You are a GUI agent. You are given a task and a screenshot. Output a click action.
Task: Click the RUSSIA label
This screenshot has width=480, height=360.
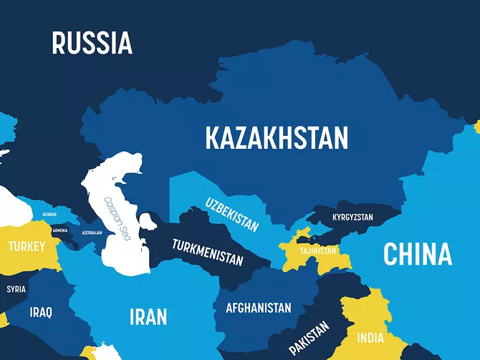coord(92,43)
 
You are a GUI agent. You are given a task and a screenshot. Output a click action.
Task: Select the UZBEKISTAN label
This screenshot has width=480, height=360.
coord(231,213)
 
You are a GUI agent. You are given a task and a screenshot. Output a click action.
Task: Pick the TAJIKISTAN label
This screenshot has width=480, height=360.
coord(318,250)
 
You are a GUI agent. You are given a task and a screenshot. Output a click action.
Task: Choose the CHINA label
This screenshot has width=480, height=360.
coord(417,254)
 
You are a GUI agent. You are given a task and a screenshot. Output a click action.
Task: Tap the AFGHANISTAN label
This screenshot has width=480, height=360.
coord(258,308)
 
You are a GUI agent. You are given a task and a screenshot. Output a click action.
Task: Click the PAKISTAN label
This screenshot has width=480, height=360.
coord(309,338)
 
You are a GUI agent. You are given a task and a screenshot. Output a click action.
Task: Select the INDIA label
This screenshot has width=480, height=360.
coord(370,338)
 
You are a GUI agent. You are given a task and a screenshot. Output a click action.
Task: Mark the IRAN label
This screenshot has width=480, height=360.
coord(148,316)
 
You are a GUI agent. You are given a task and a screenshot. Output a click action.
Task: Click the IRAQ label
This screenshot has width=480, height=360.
coord(41,313)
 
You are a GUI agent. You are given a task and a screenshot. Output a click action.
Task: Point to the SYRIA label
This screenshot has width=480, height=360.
coord(16,290)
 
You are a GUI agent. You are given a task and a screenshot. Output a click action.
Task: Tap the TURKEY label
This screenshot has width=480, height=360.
coord(27,247)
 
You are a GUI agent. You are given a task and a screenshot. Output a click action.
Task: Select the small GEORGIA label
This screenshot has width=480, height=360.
coord(49,215)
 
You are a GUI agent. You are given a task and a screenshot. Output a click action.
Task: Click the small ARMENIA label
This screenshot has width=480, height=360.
coord(60,230)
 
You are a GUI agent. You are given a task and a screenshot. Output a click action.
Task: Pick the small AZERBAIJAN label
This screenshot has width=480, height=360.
coord(92,233)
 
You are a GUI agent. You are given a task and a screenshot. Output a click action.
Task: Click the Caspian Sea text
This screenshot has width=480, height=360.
coord(117,218)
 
